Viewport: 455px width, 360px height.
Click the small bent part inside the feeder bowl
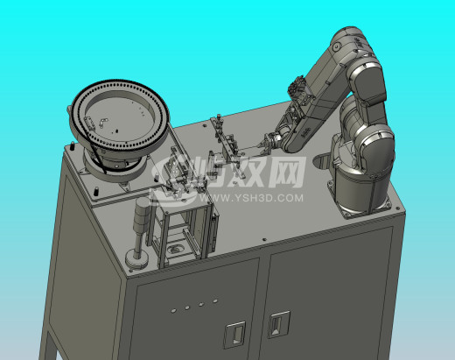pos(103,123)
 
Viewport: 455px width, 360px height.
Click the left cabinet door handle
pos(234,335)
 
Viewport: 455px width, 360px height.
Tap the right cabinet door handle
pos(279,324)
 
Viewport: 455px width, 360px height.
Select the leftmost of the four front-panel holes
pos(173,311)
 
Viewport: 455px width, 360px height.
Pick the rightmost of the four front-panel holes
pos(215,300)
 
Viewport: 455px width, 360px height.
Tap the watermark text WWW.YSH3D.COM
pos(251,198)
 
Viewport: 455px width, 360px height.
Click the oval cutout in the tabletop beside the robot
pos(323,161)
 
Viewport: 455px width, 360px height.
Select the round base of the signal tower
pos(136,259)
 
